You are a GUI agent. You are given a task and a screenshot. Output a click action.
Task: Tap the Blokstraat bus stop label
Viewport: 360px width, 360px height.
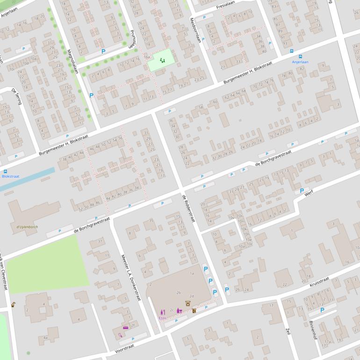(10, 176)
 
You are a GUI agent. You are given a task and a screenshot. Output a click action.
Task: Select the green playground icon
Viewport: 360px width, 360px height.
(162, 60)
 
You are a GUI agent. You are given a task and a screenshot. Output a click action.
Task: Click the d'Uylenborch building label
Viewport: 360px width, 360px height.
(27, 227)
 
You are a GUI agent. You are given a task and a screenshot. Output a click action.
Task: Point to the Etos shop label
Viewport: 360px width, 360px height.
(162, 318)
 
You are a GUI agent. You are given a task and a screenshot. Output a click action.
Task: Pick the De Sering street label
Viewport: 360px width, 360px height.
(17, 96)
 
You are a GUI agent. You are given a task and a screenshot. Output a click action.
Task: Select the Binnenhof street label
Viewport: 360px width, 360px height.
(312, 330)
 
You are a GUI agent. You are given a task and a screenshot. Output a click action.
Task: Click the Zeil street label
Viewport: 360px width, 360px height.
(288, 331)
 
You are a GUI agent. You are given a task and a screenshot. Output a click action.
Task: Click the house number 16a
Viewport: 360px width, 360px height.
(147, 57)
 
